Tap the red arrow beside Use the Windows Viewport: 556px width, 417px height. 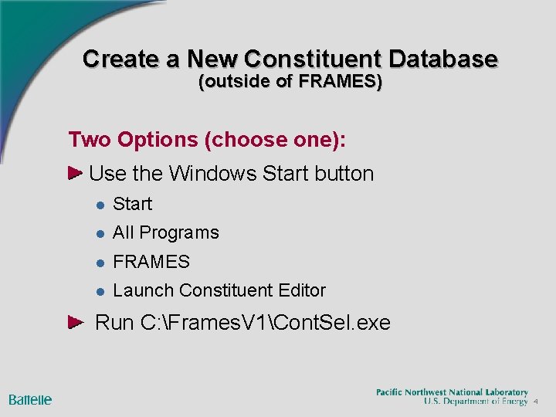click(x=76, y=173)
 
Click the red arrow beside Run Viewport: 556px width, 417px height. click(x=76, y=321)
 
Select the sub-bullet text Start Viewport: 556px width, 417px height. click(x=132, y=204)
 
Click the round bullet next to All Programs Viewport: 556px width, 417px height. click(x=100, y=233)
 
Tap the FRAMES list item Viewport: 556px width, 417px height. click(x=151, y=262)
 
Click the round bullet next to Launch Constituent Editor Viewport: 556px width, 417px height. click(x=100, y=291)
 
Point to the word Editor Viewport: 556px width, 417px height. click(x=302, y=290)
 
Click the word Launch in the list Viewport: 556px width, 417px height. click(x=143, y=290)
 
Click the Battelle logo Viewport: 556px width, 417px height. click(x=30, y=399)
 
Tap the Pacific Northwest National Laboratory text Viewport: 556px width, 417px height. click(x=452, y=392)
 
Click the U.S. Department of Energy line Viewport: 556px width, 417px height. click(x=476, y=402)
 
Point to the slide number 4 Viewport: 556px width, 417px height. click(x=535, y=402)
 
